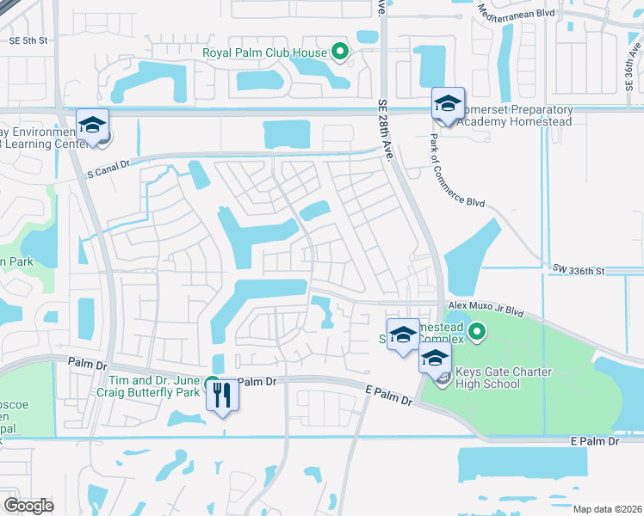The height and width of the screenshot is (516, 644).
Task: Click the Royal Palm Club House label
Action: tap(264, 52)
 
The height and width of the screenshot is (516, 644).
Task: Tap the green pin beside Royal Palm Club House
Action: tap(340, 52)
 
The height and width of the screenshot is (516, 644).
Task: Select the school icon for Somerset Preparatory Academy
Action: tap(448, 104)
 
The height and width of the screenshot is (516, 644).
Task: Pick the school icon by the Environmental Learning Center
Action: tap(93, 125)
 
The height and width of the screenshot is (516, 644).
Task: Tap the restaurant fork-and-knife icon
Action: tap(222, 395)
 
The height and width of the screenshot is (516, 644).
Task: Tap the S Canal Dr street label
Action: tap(107, 166)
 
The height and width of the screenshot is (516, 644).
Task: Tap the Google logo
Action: tap(28, 506)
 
